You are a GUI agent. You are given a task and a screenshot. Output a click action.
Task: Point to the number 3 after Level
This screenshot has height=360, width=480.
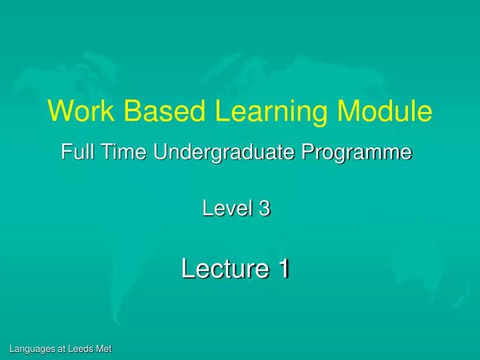point(265,209)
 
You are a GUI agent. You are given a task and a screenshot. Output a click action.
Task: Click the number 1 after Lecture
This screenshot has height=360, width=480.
point(284,269)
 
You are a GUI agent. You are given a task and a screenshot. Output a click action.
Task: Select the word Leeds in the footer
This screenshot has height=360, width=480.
point(80,349)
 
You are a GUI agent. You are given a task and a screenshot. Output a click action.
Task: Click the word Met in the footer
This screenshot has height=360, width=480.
point(104,349)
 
